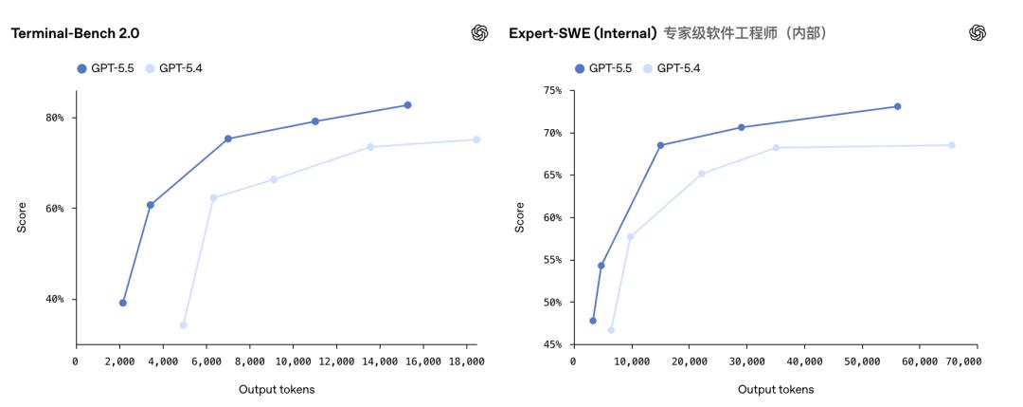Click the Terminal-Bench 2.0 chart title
(74, 33)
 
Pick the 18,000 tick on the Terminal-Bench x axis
(466, 361)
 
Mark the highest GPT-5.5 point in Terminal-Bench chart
(407, 104)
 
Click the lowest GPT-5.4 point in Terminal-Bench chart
(183, 325)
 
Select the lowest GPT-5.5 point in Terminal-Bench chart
(122, 303)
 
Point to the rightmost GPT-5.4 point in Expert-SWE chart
(952, 145)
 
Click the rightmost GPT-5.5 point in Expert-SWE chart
(897, 106)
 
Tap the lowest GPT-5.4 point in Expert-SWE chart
(611, 330)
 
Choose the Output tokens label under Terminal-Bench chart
(277, 389)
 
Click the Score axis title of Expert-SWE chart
(519, 217)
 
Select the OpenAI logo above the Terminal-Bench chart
(478, 33)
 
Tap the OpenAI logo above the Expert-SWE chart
(978, 33)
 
